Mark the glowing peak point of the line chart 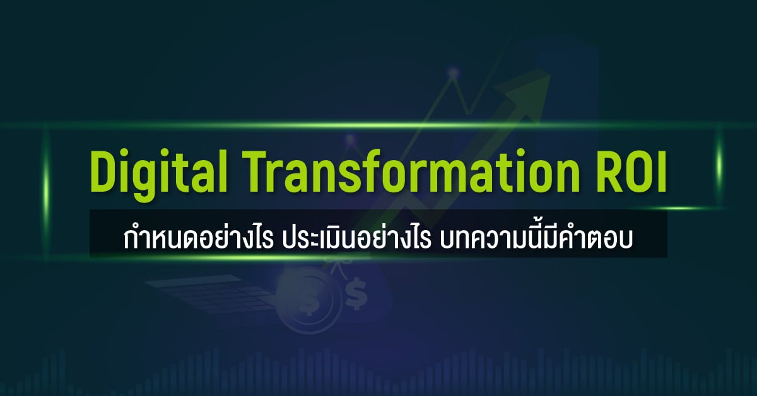(x=452, y=74)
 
